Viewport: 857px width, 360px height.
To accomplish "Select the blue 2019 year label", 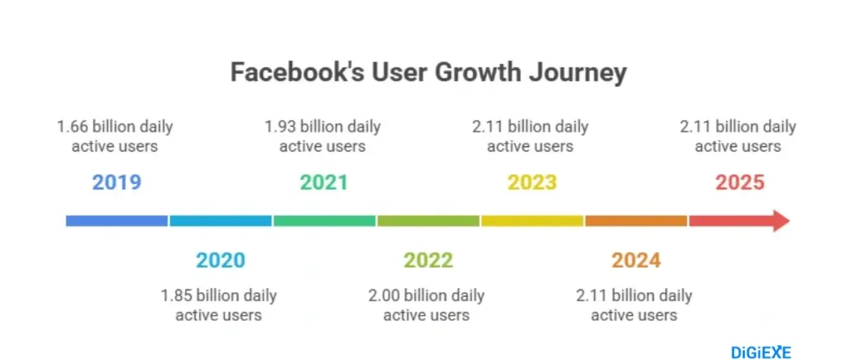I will [116, 183].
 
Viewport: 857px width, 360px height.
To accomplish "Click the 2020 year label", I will [220, 260].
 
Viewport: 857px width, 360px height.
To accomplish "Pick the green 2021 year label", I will [324, 183].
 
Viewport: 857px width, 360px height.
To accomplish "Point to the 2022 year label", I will [428, 260].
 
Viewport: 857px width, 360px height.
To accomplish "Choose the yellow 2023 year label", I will [532, 183].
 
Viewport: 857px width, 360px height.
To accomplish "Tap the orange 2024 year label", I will [636, 260].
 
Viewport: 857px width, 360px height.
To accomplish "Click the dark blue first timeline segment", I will [117, 221].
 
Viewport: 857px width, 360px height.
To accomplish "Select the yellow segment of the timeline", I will [532, 221].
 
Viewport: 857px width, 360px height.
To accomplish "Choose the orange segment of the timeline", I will [636, 221].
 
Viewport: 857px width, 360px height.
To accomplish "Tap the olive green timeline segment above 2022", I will [428, 221].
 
